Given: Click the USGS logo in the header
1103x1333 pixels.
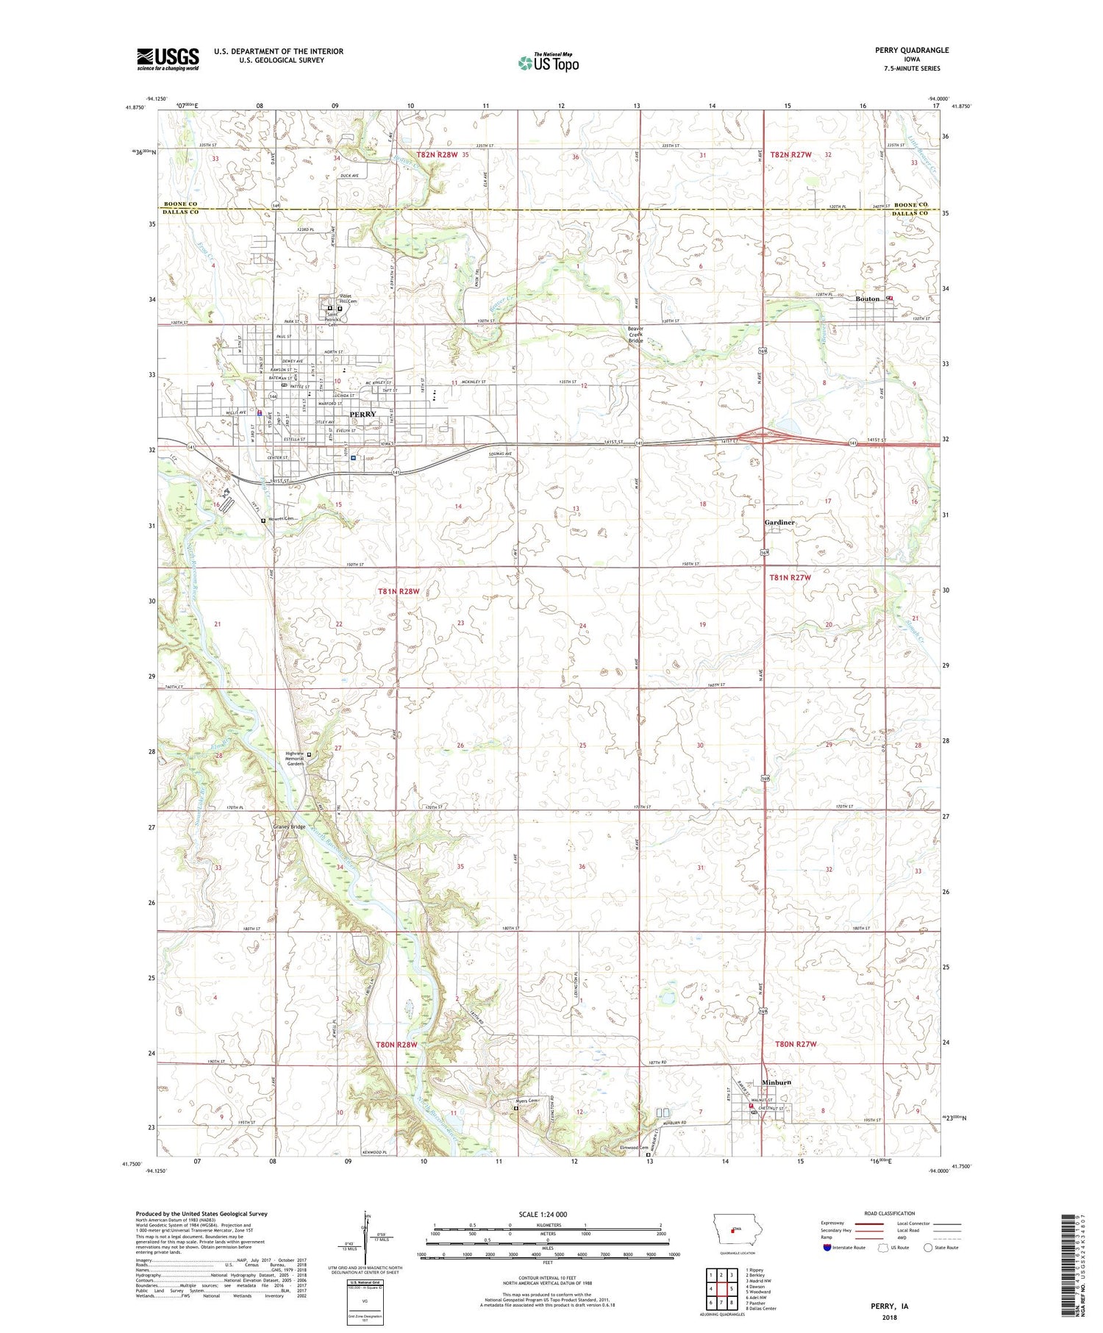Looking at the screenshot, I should (x=168, y=59).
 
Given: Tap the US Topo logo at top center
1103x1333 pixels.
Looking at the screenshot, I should (x=548, y=63).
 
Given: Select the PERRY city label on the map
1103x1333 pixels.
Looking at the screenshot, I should (x=363, y=414).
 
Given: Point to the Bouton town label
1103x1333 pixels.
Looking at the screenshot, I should (x=868, y=299).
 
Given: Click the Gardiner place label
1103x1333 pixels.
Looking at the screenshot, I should (x=779, y=522).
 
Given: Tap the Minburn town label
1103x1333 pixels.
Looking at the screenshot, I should (x=777, y=1083).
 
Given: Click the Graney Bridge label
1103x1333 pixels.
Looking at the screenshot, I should (x=289, y=826).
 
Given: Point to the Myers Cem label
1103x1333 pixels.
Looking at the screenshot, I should (x=526, y=1101).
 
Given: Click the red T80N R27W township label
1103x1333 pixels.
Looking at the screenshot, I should (x=796, y=1044).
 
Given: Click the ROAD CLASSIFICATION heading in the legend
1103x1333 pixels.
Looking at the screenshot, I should (x=889, y=1213).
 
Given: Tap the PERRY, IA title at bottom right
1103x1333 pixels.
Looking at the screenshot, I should (x=889, y=1307).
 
